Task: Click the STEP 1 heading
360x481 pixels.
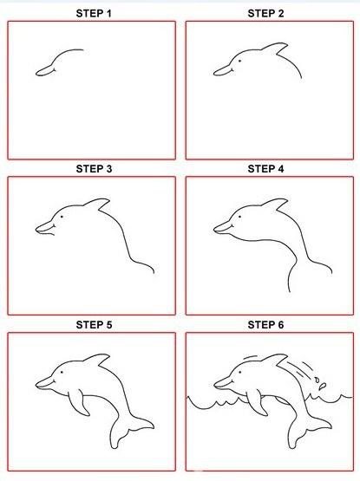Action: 94,14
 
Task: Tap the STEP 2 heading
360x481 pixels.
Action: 265,14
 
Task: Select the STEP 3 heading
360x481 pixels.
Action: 94,169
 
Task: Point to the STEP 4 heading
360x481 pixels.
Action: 265,169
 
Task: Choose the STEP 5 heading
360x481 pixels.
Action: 94,324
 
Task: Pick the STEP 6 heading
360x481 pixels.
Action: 265,324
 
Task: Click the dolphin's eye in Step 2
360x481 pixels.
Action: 239,61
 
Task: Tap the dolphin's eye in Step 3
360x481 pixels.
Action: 62,217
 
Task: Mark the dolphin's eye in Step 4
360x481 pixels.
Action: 239,217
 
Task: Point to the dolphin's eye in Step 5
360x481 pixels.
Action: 62,372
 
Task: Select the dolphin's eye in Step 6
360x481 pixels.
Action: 239,372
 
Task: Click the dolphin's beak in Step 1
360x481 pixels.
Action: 45,71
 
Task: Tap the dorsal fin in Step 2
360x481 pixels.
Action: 276,49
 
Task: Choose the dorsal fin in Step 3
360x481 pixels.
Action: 98,205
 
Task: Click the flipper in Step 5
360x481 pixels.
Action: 79,402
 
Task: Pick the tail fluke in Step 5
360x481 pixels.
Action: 129,429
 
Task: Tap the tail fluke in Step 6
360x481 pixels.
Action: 307,429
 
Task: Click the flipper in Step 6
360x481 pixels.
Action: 257,402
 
